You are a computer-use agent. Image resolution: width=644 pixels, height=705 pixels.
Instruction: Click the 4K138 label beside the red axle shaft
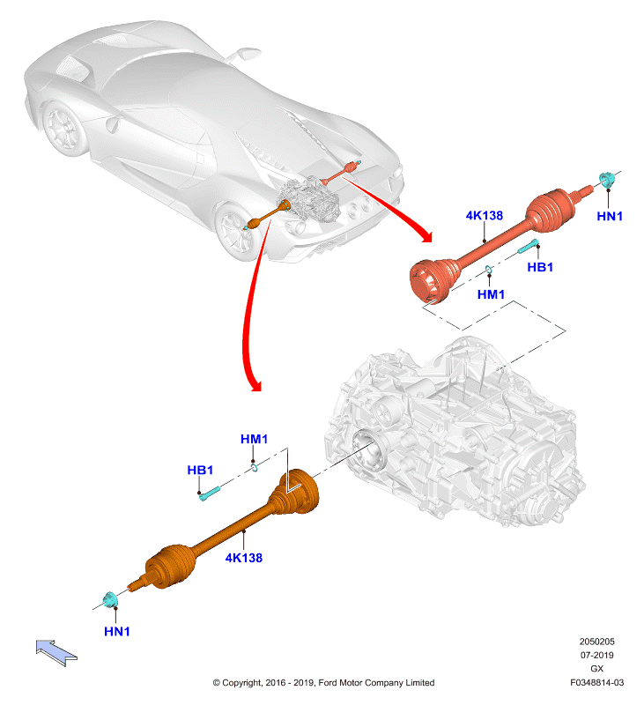click(x=484, y=215)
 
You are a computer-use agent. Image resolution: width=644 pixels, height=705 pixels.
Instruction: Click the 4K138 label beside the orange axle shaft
click(x=243, y=558)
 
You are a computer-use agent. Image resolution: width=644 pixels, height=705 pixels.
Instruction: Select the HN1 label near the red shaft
click(x=610, y=216)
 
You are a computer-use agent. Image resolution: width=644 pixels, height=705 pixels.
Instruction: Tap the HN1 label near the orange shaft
click(x=117, y=631)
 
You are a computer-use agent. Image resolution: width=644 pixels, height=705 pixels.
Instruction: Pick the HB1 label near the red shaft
click(x=540, y=267)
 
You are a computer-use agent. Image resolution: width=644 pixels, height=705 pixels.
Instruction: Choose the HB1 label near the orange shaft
click(x=200, y=470)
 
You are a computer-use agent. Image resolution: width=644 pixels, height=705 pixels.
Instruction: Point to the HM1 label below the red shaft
click(x=491, y=294)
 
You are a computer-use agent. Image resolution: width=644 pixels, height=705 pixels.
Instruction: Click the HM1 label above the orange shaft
click(x=254, y=439)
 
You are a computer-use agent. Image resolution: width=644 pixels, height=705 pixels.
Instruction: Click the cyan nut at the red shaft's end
click(x=606, y=179)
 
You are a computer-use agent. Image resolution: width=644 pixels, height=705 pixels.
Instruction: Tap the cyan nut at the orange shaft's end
click(x=110, y=599)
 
